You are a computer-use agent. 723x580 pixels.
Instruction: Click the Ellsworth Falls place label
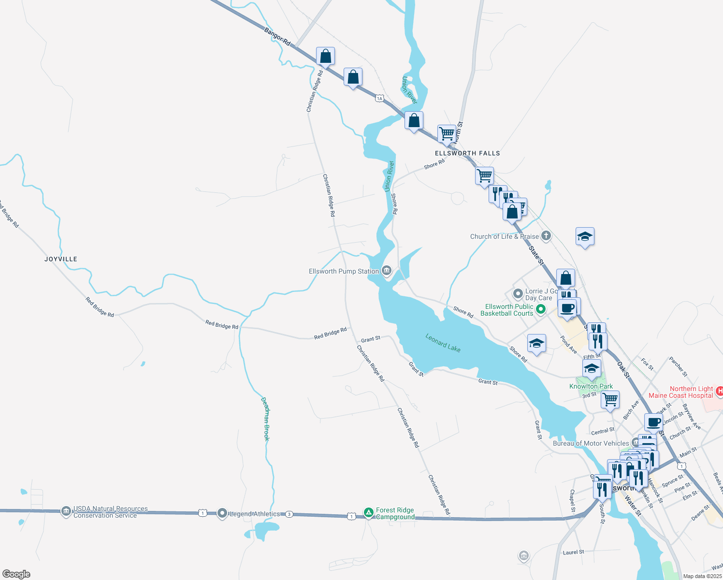pyautogui.click(x=467, y=153)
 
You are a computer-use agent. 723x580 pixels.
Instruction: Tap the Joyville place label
pyautogui.click(x=61, y=259)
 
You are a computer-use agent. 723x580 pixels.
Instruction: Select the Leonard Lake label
pyautogui.click(x=443, y=343)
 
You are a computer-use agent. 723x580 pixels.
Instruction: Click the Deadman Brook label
pyautogui.click(x=265, y=419)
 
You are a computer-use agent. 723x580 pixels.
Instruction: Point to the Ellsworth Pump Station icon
pyautogui.click(x=387, y=271)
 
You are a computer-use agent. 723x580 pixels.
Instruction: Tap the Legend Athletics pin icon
pyautogui.click(x=222, y=513)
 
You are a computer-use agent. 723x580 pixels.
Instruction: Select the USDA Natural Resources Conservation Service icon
pyautogui.click(x=66, y=511)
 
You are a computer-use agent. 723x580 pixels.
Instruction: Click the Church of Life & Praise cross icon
pyautogui.click(x=546, y=236)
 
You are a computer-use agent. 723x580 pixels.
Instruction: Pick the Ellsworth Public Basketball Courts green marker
pyautogui.click(x=541, y=309)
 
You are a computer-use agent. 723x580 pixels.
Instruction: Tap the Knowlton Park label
pyautogui.click(x=591, y=386)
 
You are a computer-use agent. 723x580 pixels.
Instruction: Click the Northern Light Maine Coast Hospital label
pyautogui.click(x=680, y=392)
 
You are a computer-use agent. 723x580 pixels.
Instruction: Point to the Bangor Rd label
pyautogui.click(x=277, y=37)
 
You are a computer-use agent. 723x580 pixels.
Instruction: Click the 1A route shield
pyautogui.click(x=379, y=99)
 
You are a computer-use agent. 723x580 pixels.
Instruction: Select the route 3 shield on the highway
pyautogui.click(x=289, y=514)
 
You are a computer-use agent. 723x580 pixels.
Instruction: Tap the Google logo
pyautogui.click(x=16, y=574)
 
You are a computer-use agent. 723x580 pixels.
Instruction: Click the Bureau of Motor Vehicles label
pyautogui.click(x=591, y=443)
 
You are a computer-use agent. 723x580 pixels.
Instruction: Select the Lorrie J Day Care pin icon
pyautogui.click(x=518, y=293)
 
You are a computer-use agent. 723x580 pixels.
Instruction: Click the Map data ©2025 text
pyautogui.click(x=702, y=576)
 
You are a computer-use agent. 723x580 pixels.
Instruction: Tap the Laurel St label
pyautogui.click(x=573, y=552)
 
